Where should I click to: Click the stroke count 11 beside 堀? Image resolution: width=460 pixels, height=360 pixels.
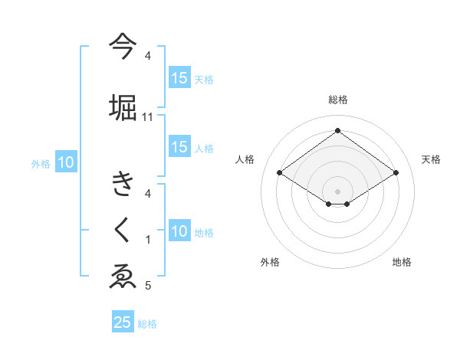(148, 116)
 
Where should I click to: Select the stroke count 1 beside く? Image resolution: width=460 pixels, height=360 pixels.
(148, 240)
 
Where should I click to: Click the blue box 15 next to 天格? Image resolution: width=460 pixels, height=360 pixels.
(179, 78)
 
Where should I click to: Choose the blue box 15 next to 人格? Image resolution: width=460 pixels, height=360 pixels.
(179, 147)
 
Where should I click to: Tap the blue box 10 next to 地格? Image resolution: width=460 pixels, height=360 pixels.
(179, 231)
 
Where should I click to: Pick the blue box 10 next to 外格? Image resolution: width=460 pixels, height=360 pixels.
(66, 162)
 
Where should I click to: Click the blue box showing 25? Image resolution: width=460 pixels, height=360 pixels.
(123, 322)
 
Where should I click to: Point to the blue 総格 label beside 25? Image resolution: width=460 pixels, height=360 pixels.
(148, 324)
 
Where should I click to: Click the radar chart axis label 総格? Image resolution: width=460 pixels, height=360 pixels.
(337, 100)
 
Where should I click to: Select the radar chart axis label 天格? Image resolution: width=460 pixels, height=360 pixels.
(431, 159)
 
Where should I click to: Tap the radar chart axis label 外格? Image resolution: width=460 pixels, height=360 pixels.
(270, 263)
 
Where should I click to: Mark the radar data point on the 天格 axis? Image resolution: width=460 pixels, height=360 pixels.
(396, 173)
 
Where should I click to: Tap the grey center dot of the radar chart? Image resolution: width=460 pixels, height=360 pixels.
(337, 191)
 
